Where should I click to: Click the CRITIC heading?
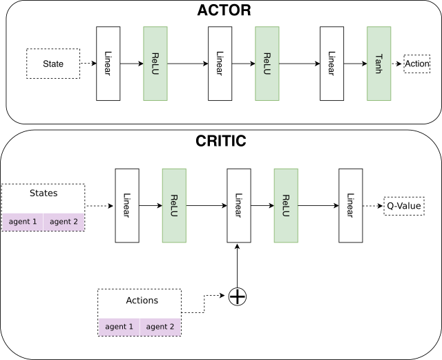(x=221, y=142)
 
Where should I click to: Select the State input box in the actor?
(x=53, y=64)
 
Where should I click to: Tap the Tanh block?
(x=379, y=64)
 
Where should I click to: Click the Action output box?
(x=417, y=64)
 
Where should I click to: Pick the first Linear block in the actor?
(x=108, y=64)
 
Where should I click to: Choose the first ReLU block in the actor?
(x=155, y=64)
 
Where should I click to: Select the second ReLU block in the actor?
(x=266, y=64)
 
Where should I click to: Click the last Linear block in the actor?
(x=331, y=64)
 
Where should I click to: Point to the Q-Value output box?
(x=405, y=205)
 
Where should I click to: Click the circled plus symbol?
(x=237, y=296)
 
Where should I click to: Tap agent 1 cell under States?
(x=22, y=222)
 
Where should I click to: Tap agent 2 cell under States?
(x=64, y=222)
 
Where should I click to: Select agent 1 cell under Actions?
(x=119, y=326)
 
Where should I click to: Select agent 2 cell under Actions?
(x=160, y=326)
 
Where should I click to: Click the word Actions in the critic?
(x=142, y=301)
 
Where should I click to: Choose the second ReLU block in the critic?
(x=285, y=205)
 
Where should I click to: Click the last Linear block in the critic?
(x=350, y=205)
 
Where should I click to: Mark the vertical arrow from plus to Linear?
(x=237, y=266)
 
